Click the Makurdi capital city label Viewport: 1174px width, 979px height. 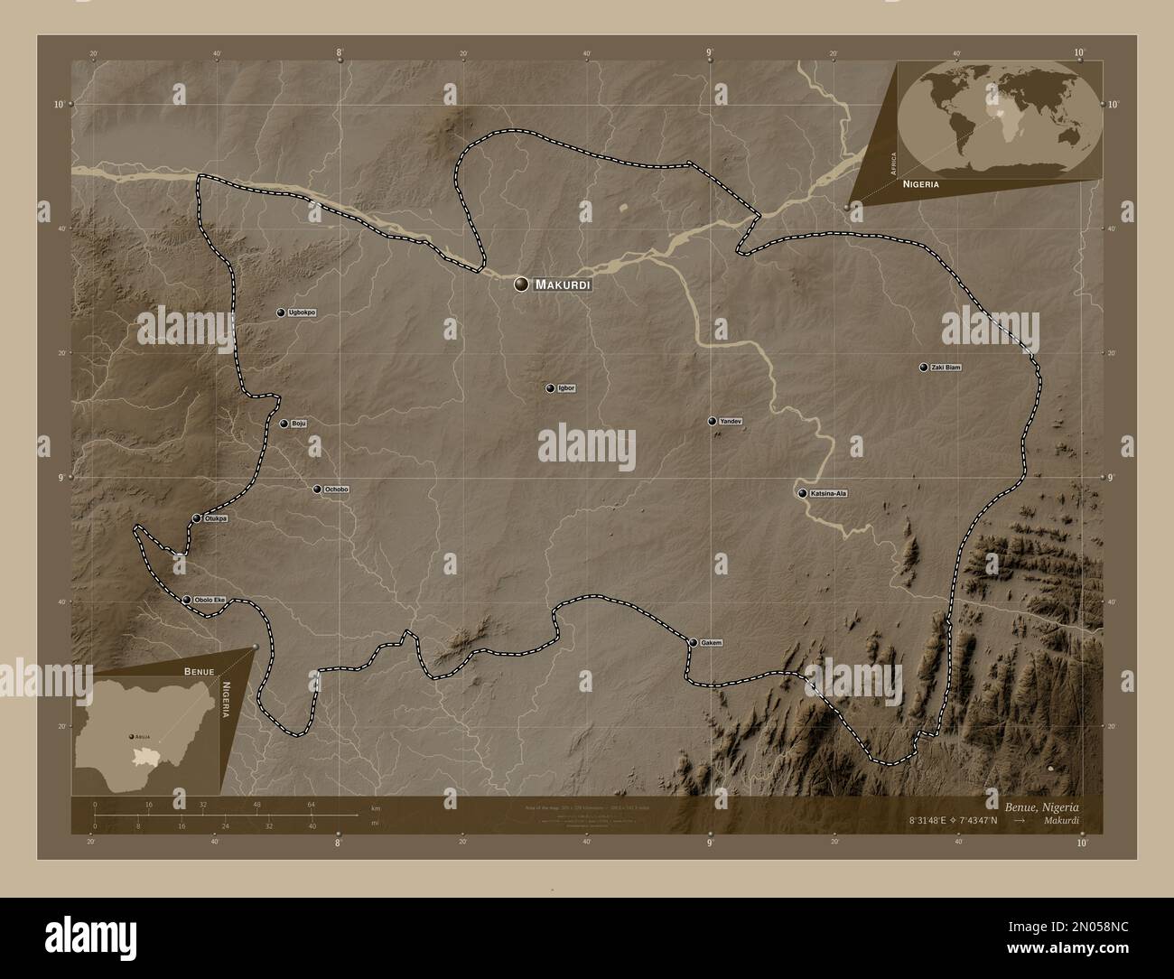[x=563, y=284]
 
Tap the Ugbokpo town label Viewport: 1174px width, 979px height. [x=302, y=312]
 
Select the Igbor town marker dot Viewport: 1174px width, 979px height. [x=550, y=388]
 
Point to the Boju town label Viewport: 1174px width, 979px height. [x=299, y=424]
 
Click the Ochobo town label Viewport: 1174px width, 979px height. [x=336, y=489]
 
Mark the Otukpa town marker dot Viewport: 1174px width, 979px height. [x=197, y=518]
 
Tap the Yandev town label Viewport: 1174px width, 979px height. [x=731, y=422]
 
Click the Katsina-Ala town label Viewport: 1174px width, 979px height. [x=829, y=494]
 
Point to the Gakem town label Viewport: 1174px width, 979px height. [x=712, y=643]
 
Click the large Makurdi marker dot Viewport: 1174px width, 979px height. [x=521, y=284]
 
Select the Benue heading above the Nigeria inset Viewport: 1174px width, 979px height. [x=200, y=673]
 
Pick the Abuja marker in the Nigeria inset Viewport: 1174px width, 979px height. [x=132, y=735]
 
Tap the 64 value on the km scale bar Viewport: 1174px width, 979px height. [x=310, y=804]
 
